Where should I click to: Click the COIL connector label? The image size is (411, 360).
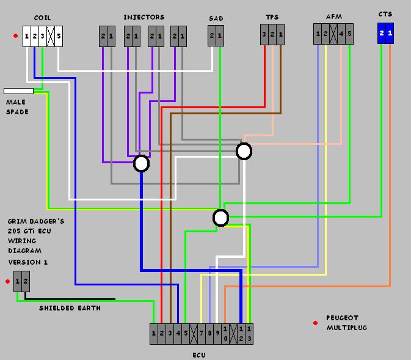pyautogui.click(x=42, y=18)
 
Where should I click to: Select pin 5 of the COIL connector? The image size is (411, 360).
pyautogui.click(x=59, y=36)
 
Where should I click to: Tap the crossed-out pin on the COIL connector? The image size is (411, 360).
pyautogui.click(x=51, y=36)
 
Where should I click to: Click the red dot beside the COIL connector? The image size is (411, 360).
pyautogui.click(x=15, y=35)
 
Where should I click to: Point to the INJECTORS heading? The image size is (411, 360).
pyautogui.click(x=144, y=17)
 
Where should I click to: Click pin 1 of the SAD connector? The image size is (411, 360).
pyautogui.click(x=220, y=35)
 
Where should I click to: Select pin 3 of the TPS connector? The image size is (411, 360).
pyautogui.click(x=264, y=34)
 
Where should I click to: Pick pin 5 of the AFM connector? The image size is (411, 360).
pyautogui.click(x=349, y=34)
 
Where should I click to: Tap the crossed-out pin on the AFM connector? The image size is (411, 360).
pyautogui.click(x=333, y=34)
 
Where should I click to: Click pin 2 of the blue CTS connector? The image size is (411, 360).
pyautogui.click(x=382, y=34)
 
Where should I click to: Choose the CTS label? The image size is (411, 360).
pyautogui.click(x=385, y=14)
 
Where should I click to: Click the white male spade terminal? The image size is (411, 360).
pyautogui.click(x=18, y=91)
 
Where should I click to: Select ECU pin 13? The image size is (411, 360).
pyautogui.click(x=249, y=334)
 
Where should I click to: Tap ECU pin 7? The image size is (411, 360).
pyautogui.click(x=202, y=334)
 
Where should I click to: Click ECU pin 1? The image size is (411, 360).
pyautogui.click(x=154, y=334)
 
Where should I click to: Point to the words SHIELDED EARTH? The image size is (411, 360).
pyautogui.click(x=70, y=308)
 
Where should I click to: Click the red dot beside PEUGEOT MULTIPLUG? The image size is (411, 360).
pyautogui.click(x=315, y=323)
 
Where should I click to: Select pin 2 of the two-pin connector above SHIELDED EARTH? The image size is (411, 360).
pyautogui.click(x=26, y=282)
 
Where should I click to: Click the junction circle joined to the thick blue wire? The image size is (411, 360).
pyautogui.click(x=142, y=163)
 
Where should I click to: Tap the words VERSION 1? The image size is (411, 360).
pyautogui.click(x=27, y=262)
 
